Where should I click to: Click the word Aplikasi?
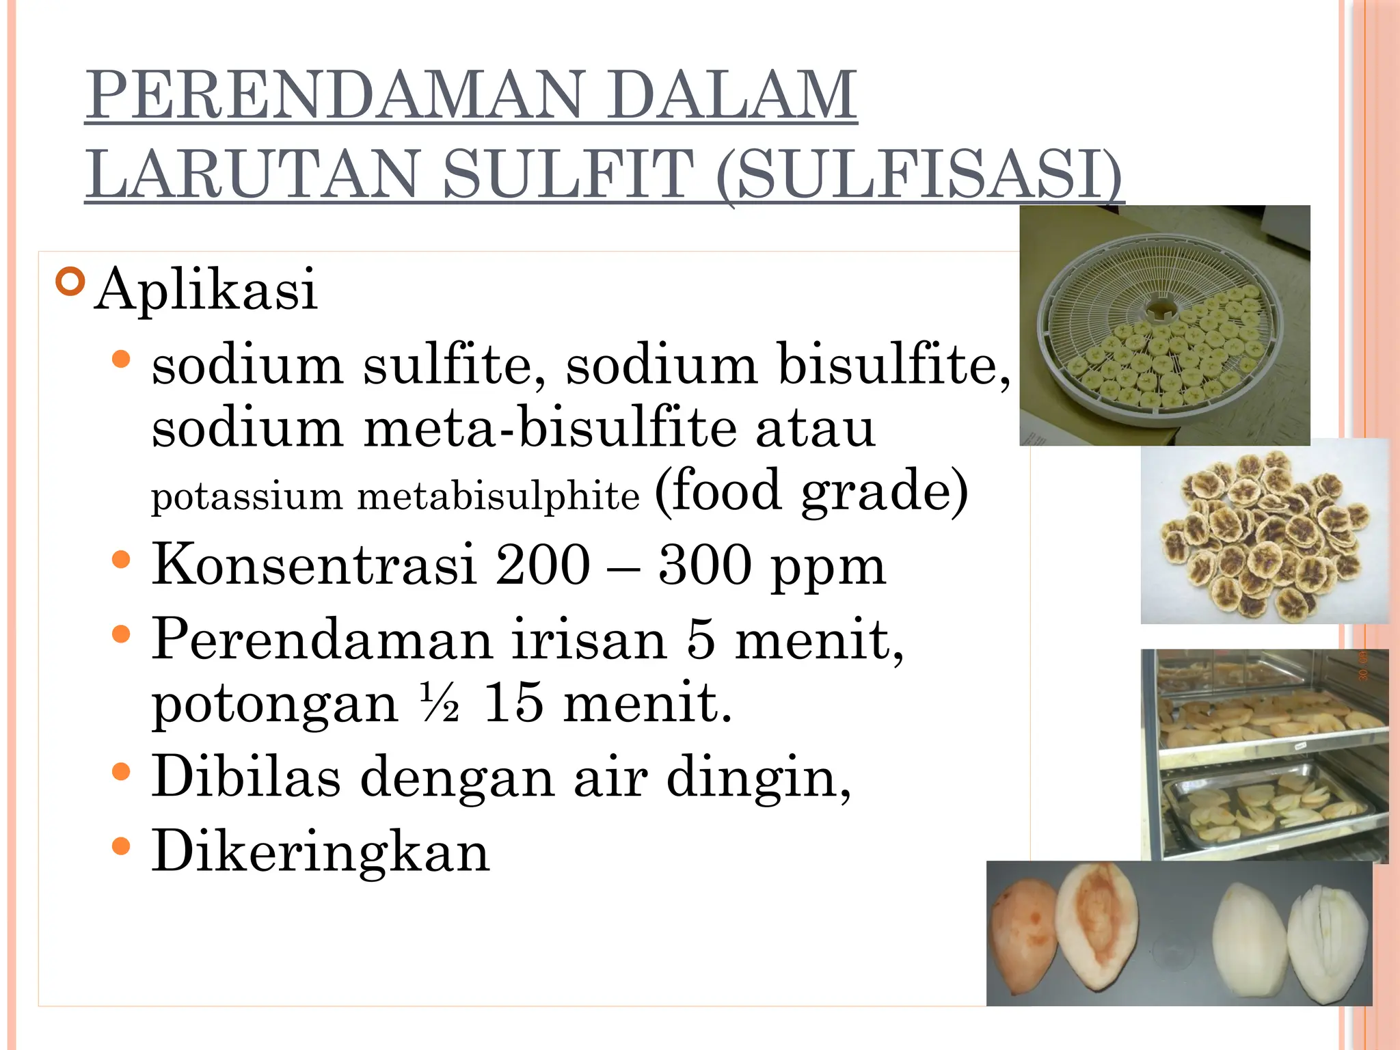[x=206, y=290]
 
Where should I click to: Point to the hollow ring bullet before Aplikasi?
[x=70, y=281]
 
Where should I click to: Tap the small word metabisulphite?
[x=498, y=496]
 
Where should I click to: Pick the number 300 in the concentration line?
[x=705, y=565]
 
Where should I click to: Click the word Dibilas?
[x=246, y=777]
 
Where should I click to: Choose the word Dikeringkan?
[x=321, y=852]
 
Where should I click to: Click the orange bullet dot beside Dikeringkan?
[x=120, y=847]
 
